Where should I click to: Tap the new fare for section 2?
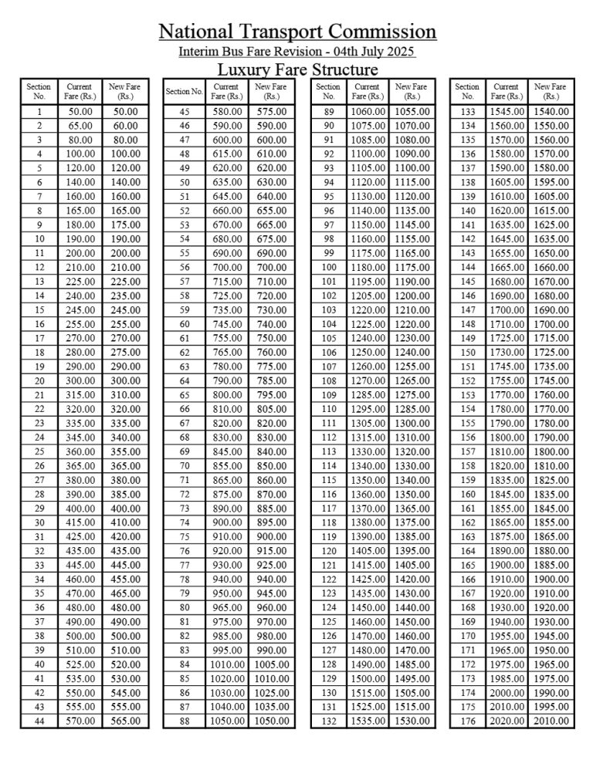click(x=125, y=126)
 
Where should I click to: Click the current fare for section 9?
click(x=80, y=225)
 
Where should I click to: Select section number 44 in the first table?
click(x=39, y=721)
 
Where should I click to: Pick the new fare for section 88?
click(x=270, y=721)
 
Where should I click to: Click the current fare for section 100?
click(x=368, y=267)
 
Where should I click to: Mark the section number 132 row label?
click(x=330, y=721)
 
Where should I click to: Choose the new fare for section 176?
click(x=551, y=721)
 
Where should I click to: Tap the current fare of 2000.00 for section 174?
click(x=507, y=693)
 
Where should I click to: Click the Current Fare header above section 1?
click(x=80, y=91)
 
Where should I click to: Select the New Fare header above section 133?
click(x=551, y=91)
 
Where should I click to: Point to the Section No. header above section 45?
click(x=185, y=91)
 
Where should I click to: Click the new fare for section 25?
click(x=125, y=451)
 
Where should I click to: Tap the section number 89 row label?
click(x=330, y=112)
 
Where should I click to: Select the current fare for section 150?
click(x=507, y=352)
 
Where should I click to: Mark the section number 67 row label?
click(x=185, y=423)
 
